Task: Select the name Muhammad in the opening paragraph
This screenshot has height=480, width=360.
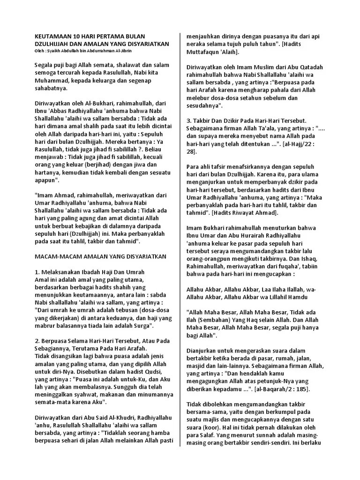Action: [x=52, y=80]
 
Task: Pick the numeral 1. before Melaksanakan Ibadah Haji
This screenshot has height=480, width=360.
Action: [x=38, y=272]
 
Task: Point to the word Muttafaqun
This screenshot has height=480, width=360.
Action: [x=206, y=52]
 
